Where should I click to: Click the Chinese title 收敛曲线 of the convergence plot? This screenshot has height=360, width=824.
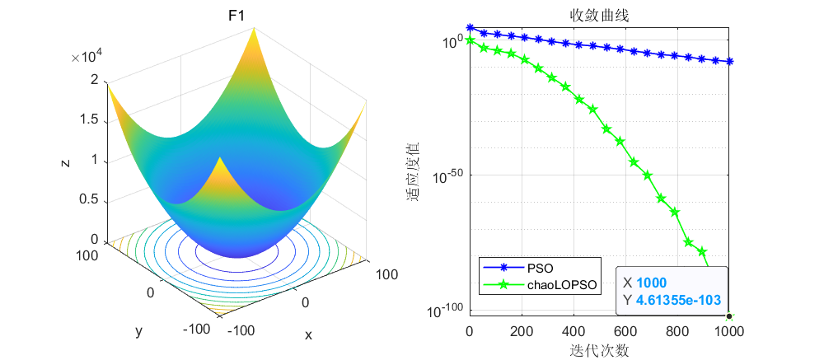[x=598, y=15]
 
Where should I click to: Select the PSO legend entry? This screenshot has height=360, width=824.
[x=541, y=268]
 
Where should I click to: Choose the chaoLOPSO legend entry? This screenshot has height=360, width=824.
[x=565, y=285]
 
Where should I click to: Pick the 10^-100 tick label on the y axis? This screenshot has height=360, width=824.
[x=442, y=311]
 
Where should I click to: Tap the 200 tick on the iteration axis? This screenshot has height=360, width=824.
[x=522, y=331]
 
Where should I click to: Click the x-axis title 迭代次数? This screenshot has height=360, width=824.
[x=599, y=349]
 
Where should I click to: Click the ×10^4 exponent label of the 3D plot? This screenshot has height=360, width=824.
[x=87, y=57]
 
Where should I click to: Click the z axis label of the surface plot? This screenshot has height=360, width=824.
[x=64, y=163]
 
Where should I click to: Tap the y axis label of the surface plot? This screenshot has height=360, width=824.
[x=138, y=331]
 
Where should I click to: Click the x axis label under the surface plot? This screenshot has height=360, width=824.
[x=308, y=335]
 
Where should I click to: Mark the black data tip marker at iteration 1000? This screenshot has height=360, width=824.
[x=729, y=316]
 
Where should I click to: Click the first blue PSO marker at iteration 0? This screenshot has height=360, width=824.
[x=470, y=28]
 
